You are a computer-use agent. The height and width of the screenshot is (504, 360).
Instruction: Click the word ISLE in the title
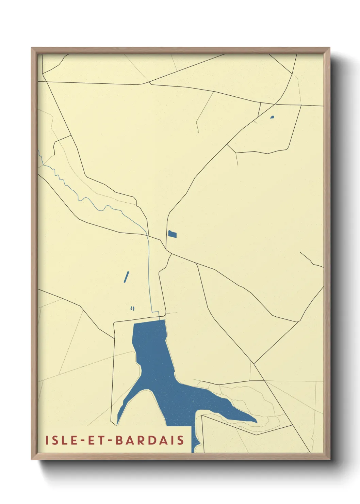62,440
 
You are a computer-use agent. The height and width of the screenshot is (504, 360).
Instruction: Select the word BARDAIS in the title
150,440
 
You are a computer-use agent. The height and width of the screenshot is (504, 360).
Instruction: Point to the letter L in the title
64,440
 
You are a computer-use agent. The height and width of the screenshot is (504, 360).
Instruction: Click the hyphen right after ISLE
81,440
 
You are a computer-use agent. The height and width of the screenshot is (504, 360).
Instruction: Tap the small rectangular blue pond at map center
173,234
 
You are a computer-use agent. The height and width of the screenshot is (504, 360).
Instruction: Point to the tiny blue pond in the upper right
272,117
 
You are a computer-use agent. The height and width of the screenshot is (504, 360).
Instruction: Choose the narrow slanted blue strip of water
126,277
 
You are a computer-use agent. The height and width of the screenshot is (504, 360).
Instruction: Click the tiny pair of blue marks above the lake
132,309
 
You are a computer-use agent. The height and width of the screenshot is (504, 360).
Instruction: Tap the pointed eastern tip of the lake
256,422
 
